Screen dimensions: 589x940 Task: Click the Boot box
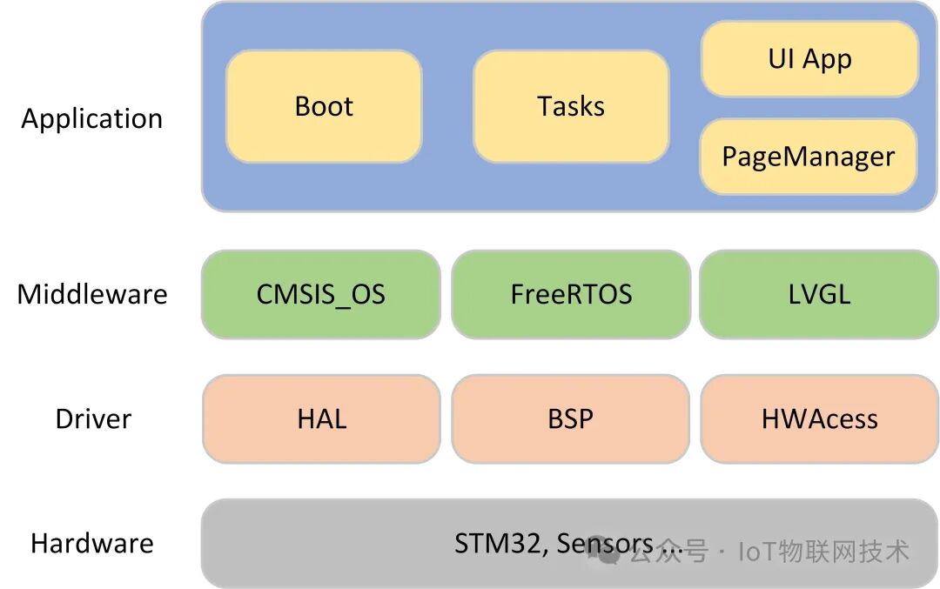[x=324, y=106]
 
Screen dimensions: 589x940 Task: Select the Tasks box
[x=571, y=106]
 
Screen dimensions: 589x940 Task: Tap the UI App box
[x=809, y=59]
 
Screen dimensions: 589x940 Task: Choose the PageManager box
[x=809, y=157]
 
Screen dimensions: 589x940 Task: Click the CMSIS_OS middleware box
[x=320, y=294]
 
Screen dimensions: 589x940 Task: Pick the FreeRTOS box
[x=571, y=294]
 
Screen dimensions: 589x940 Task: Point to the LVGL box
[x=818, y=294]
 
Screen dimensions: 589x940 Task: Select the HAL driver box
[x=321, y=418]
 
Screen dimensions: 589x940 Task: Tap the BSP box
[x=571, y=418]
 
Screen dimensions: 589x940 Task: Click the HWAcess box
[x=819, y=418]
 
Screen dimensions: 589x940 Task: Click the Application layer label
[x=92, y=118]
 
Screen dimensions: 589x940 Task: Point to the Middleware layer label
[x=92, y=294]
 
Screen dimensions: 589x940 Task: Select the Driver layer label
[x=93, y=418]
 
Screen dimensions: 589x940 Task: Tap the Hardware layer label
[x=92, y=544]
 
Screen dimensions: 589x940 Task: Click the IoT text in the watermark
[x=758, y=551]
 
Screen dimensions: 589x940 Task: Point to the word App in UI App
[x=827, y=60]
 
